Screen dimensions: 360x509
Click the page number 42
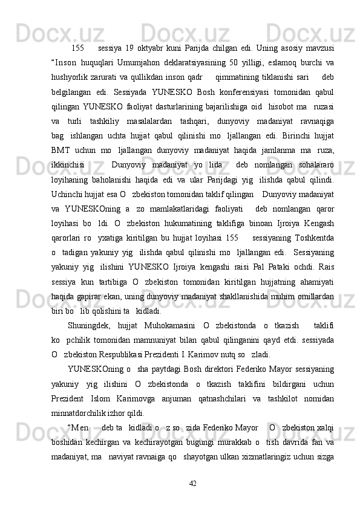coord(192,482)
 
